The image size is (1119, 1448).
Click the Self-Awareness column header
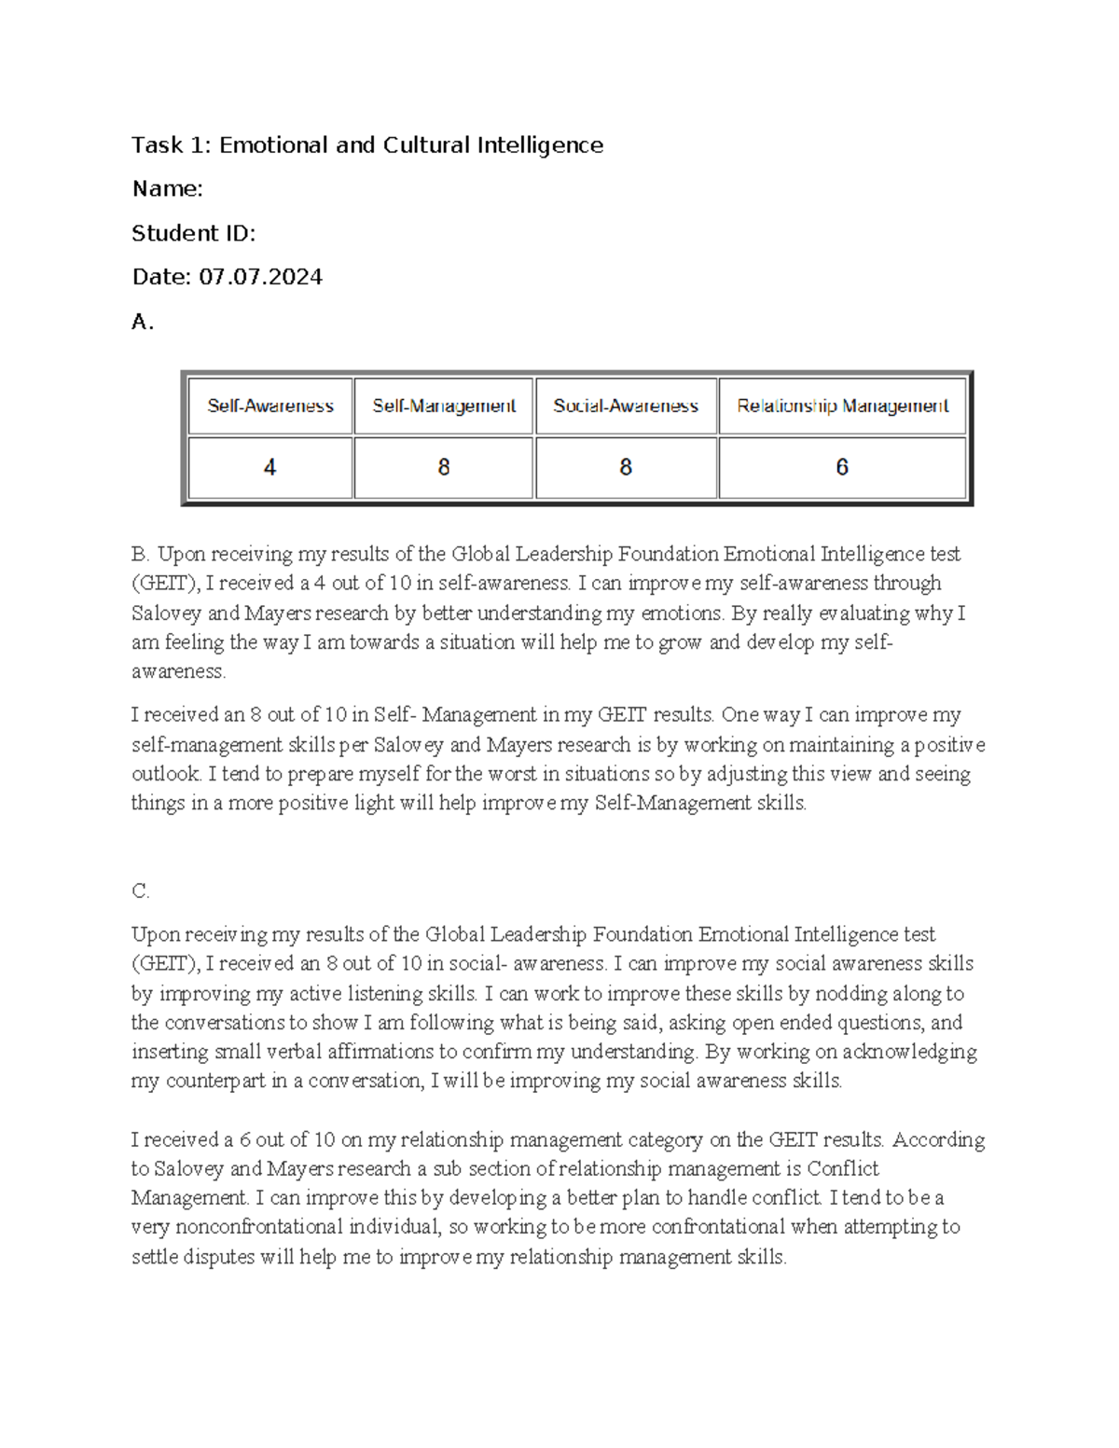click(270, 406)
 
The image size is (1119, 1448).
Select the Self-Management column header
click(444, 406)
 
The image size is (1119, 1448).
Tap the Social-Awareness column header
click(626, 406)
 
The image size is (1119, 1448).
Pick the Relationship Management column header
click(842, 406)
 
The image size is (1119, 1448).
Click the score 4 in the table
click(270, 467)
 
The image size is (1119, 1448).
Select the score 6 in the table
click(842, 467)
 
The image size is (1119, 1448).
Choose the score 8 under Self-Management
click(444, 467)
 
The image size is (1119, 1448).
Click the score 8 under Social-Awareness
click(626, 467)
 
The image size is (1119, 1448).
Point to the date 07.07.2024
click(261, 277)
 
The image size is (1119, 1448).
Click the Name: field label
click(167, 189)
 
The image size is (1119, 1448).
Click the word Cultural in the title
click(424, 145)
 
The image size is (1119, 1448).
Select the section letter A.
click(142, 322)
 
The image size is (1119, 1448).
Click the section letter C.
click(141, 891)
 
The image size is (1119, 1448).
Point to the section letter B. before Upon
click(141, 554)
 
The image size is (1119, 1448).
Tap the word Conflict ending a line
click(843, 1168)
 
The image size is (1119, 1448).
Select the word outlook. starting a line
click(167, 774)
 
